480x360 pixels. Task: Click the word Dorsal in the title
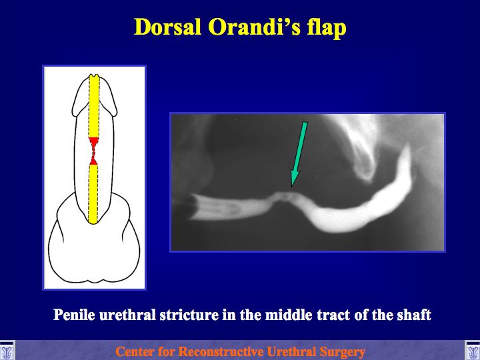(168, 27)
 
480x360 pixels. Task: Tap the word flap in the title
(327, 28)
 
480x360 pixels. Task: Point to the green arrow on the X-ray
(299, 154)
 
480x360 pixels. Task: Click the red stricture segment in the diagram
(93, 151)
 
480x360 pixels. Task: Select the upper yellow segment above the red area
(94, 105)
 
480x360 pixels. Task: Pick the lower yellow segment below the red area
(93, 195)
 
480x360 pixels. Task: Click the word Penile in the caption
(74, 315)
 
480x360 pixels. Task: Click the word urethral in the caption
(127, 315)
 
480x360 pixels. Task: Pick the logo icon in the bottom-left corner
(7, 351)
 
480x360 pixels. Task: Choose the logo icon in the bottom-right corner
(473, 351)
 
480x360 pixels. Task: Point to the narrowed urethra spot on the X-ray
(284, 196)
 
